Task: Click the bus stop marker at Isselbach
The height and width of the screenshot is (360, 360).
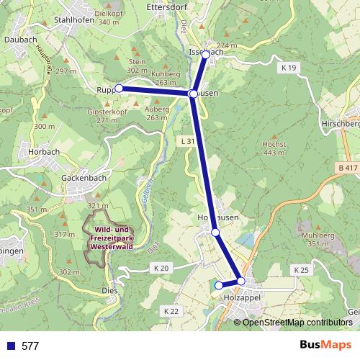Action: tap(206, 55)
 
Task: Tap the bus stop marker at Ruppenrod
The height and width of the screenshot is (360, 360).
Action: tap(119, 89)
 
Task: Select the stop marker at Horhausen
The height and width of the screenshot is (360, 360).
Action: tap(215, 232)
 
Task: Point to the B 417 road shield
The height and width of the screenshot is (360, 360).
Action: tap(346, 168)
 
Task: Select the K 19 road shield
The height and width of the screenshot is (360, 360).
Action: tap(289, 67)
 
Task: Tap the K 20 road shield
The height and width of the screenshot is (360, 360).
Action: tap(161, 269)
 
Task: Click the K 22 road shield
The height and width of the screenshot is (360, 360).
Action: tap(171, 310)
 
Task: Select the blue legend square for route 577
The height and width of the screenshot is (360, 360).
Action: tap(11, 346)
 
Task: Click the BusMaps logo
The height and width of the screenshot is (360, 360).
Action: tap(325, 346)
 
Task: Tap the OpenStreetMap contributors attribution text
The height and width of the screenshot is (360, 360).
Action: tap(297, 322)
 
